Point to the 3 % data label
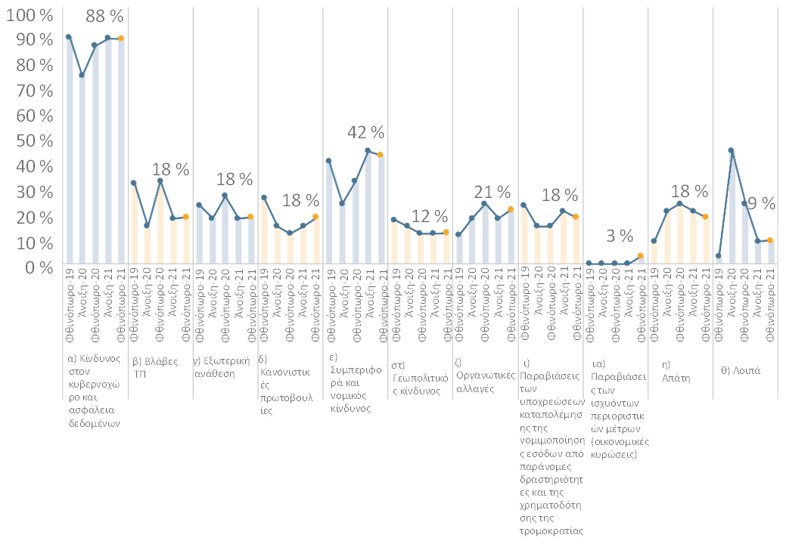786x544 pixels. (620, 236)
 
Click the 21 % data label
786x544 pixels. (492, 192)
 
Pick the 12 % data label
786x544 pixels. (431, 216)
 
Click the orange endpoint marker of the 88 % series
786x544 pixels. (121, 39)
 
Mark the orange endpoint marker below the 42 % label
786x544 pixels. (381, 155)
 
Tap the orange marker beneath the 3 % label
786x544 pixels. (640, 256)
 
